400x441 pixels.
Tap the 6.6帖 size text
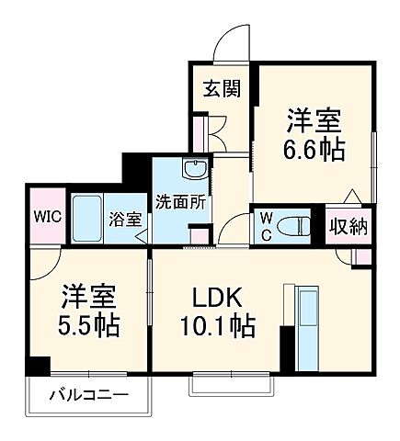315,149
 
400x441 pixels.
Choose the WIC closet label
48,218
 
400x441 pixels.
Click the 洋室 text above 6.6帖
315,120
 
